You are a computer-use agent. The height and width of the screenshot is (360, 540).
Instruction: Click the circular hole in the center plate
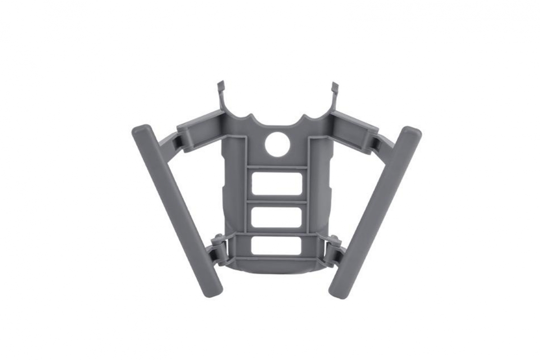point(277,145)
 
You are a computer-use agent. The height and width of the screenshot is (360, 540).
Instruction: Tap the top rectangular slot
point(277,184)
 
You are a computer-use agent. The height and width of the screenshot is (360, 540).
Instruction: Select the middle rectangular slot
point(276,217)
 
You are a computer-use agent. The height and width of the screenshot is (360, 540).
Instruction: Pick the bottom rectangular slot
point(276,246)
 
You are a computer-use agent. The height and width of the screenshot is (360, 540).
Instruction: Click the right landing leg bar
point(376,211)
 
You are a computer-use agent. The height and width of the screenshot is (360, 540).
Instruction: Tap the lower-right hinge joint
point(334,250)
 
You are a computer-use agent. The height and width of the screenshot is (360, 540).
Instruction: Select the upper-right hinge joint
point(375,142)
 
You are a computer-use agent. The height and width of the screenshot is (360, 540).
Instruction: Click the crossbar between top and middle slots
point(277,201)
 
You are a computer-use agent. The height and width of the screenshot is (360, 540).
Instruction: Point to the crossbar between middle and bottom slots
point(276,232)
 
